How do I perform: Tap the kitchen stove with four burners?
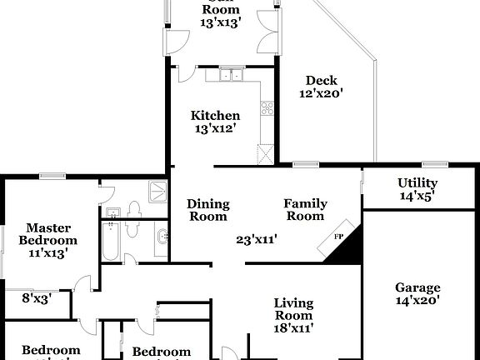tap(267, 108)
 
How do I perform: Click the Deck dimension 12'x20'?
tap(321, 94)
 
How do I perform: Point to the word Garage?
tap(417, 287)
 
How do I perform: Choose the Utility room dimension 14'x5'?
tap(417, 197)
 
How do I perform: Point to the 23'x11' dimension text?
tap(256, 240)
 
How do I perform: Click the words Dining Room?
tap(207, 210)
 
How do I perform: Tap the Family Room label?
tap(305, 210)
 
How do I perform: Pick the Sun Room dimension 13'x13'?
tap(221, 23)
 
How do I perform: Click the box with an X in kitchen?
tap(266, 153)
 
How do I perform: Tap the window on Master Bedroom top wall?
tap(52, 175)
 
